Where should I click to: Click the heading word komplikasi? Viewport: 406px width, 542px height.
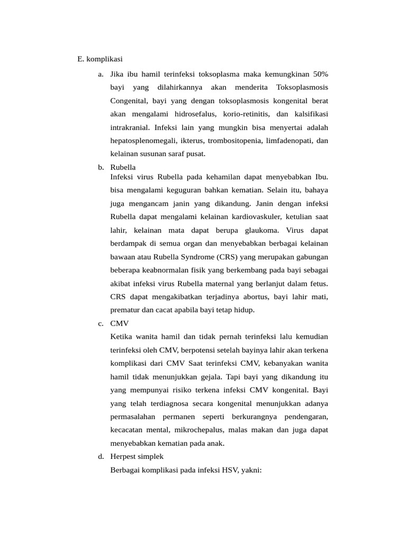pos(104,59)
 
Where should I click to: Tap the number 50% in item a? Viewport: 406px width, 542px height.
pos(320,74)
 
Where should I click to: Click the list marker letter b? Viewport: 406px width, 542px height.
pos(100,167)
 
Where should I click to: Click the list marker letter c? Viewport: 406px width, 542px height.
pos(100,323)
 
